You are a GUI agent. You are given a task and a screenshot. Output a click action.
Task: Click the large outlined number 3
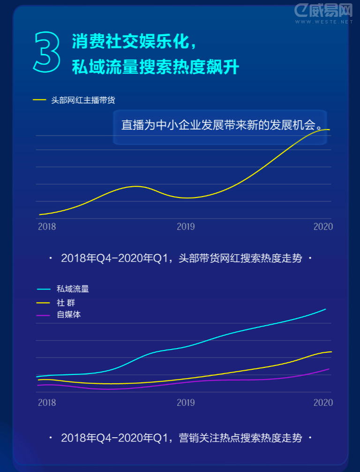click(47, 52)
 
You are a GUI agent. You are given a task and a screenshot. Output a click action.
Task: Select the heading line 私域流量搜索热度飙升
click(155, 68)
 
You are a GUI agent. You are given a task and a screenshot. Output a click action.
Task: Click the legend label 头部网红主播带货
click(83, 100)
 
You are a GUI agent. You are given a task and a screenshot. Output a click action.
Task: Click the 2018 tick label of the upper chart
click(47, 227)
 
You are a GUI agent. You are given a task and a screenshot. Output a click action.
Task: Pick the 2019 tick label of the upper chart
click(186, 227)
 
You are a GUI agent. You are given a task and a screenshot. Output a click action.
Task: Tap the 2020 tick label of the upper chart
click(323, 227)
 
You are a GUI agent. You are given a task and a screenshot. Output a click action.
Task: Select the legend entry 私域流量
click(73, 289)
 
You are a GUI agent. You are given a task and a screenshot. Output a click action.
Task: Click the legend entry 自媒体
click(69, 315)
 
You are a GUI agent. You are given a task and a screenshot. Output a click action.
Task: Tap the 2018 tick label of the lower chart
click(47, 403)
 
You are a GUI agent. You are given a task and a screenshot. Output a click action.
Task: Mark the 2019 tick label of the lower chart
click(186, 403)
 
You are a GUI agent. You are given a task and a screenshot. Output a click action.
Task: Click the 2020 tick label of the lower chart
click(323, 403)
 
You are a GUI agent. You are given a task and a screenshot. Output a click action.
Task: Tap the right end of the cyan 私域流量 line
click(325, 310)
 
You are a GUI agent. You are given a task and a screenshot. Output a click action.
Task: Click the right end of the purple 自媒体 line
click(329, 369)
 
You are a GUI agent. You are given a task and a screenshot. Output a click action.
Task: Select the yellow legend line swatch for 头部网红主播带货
click(39, 100)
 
